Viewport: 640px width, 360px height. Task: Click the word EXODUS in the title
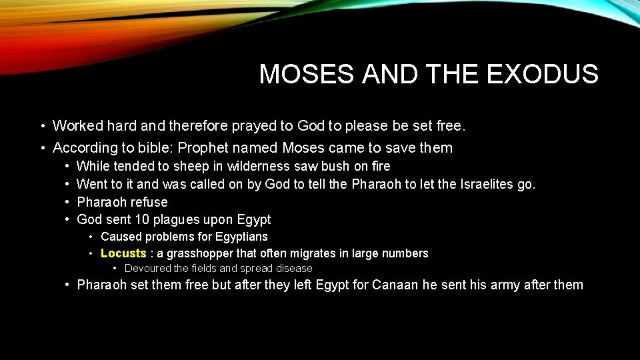(543, 74)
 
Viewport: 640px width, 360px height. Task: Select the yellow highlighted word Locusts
(123, 253)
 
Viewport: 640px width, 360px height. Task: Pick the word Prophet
(202, 148)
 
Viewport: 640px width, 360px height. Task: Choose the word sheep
(191, 166)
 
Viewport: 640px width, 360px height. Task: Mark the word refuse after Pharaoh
(150, 202)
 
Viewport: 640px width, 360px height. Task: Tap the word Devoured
(147, 269)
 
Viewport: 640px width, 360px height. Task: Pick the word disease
(290, 269)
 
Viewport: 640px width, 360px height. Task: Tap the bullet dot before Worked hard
(42, 126)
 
